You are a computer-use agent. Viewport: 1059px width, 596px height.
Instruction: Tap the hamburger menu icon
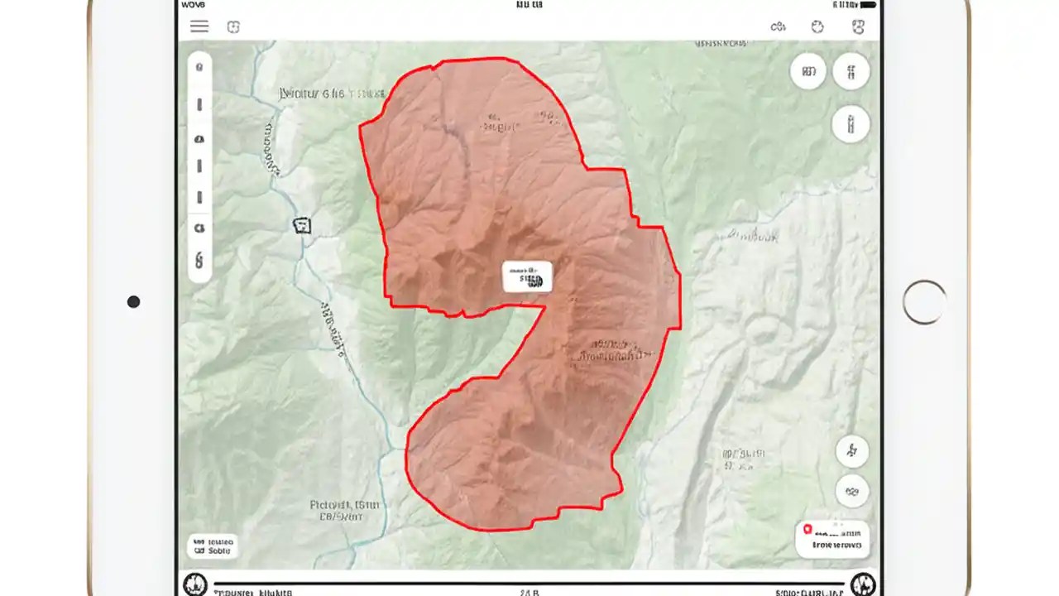[199, 26]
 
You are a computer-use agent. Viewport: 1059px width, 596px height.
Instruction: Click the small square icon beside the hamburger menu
[233, 26]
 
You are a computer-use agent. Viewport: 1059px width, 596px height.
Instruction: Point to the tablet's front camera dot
[133, 302]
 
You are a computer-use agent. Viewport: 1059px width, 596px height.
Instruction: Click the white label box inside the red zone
[527, 276]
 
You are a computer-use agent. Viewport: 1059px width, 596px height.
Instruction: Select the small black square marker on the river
[303, 224]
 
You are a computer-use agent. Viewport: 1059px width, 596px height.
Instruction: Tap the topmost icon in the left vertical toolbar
[199, 67]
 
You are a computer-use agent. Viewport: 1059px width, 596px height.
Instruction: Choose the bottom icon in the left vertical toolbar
[199, 261]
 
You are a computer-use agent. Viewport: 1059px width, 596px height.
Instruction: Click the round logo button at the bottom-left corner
[194, 584]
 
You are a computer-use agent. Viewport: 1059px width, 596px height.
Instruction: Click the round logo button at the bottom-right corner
[863, 584]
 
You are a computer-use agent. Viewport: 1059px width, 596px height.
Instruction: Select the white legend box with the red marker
[832, 539]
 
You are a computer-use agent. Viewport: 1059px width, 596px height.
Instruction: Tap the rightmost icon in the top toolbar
[858, 26]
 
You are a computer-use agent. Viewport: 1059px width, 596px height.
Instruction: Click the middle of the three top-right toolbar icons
[817, 26]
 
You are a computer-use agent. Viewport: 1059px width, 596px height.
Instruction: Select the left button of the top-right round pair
[808, 71]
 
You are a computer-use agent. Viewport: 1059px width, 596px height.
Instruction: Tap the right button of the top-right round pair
[851, 71]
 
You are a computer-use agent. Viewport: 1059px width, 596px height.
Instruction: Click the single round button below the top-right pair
[851, 125]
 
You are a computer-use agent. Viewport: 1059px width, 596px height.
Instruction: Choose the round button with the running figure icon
[852, 451]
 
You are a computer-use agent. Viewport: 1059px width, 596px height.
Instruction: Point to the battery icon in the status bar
[864, 5]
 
